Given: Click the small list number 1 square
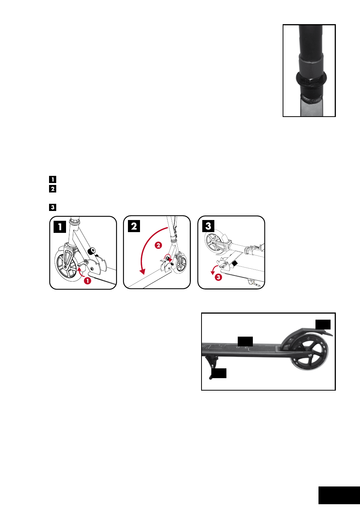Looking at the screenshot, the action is [x=52, y=179].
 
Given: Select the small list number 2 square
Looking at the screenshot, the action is [x=52, y=189].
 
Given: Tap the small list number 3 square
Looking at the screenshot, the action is [x=52, y=207].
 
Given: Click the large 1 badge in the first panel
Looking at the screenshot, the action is [x=60, y=227].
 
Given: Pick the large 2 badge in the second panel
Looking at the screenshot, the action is [x=134, y=226].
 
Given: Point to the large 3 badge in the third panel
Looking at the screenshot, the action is [x=208, y=226].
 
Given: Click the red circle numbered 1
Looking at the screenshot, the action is [x=88, y=280].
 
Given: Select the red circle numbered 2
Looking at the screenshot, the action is [x=158, y=245].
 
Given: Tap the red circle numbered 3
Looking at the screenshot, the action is [x=218, y=277].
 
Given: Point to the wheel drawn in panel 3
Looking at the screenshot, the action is [x=213, y=242].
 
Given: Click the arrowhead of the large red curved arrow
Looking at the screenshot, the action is [x=142, y=271].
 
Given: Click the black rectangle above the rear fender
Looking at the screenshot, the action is [x=323, y=325].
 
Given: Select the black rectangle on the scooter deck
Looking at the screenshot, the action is [x=245, y=341].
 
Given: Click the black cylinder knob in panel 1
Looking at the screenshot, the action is [x=91, y=251].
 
